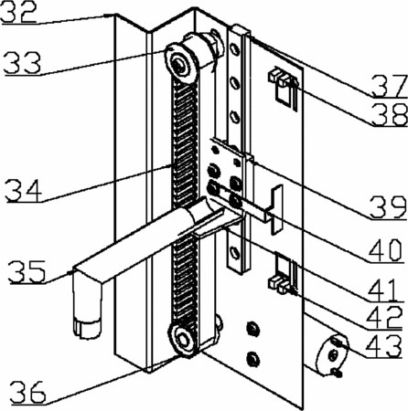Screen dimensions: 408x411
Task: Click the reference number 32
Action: [x=18, y=12]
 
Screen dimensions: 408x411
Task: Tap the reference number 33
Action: [x=22, y=62]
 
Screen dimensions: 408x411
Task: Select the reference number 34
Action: [x=24, y=191]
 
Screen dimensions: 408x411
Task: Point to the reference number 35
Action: [x=27, y=271]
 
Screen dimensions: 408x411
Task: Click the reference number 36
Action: [x=28, y=392]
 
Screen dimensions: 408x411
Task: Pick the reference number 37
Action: [x=390, y=86]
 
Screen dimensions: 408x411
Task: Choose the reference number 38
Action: [x=390, y=113]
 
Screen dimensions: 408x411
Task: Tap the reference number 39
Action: [x=388, y=207]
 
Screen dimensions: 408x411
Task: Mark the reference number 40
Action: [x=386, y=250]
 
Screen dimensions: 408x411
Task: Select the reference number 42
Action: [x=384, y=317]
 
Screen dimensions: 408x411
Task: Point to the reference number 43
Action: [x=383, y=345]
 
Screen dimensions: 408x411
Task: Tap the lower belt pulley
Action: [x=183, y=340]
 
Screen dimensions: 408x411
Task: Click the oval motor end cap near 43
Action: [x=332, y=354]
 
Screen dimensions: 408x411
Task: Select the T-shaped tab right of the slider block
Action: [x=276, y=210]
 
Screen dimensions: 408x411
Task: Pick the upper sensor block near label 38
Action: [x=282, y=78]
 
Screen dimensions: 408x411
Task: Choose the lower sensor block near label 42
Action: [x=279, y=286]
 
